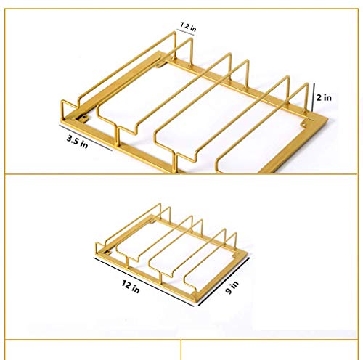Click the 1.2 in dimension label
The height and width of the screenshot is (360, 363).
pos(188,27)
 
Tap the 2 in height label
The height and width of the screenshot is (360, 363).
pos(324,98)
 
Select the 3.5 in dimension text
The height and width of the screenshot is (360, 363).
pos(78,142)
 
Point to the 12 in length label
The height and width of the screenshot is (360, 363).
pos(131,287)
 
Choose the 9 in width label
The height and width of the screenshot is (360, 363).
pos(232,287)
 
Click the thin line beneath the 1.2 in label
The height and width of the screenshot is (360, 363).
pos(185,33)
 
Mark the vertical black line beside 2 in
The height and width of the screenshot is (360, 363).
pos(314,97)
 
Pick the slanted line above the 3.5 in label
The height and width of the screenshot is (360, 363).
pos(86,138)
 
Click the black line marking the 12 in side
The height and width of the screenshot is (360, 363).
pos(144,282)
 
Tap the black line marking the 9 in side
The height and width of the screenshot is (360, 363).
pos(224,282)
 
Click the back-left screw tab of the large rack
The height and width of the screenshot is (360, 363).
pos(160,65)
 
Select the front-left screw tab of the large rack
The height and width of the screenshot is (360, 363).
pos(83,118)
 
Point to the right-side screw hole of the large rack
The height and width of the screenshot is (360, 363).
pos(303,125)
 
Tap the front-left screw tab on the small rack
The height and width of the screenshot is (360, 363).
pos(107,253)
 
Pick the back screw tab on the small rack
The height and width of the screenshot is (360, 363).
pos(153,221)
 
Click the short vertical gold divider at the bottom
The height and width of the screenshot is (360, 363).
pos(181,350)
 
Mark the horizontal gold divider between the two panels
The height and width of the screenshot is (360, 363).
pos(181,174)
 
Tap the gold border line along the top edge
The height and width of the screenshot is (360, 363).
pos(181,9)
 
